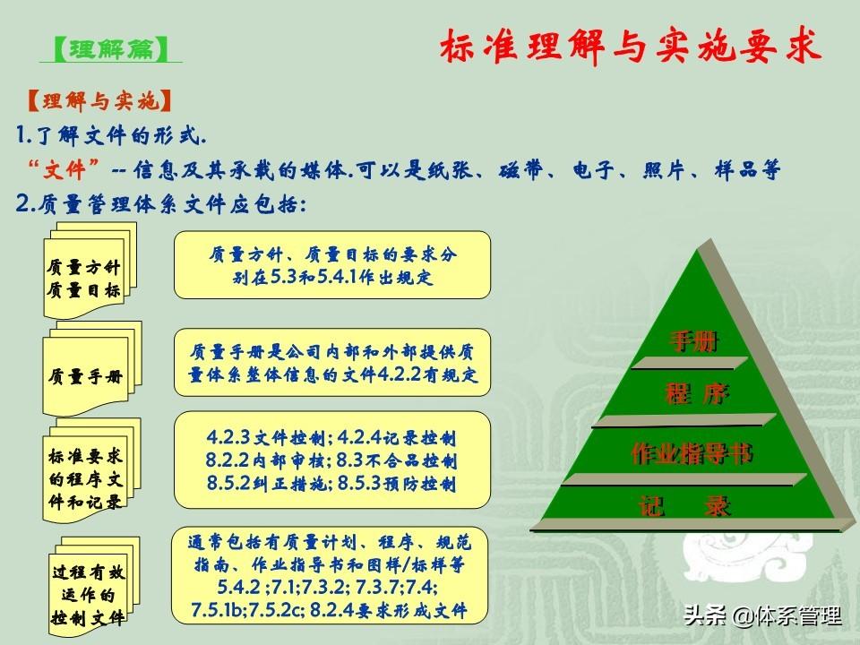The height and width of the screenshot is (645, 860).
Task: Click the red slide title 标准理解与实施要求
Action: pos(631,46)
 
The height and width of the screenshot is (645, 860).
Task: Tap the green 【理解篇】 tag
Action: pos(111,49)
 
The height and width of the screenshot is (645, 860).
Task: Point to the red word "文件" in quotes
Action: pos(64,169)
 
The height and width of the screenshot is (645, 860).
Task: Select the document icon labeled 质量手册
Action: pos(91,368)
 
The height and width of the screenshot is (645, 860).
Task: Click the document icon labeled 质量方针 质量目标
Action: pos(90,271)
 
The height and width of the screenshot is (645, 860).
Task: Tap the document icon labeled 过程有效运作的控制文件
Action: pos(92,587)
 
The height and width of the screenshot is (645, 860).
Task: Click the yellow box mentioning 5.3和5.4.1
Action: pos(332,265)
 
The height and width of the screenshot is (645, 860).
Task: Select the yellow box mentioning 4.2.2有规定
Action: pos(332,363)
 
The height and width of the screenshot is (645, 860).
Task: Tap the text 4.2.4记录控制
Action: pos(397,438)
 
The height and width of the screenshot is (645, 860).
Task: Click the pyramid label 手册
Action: pos(693,341)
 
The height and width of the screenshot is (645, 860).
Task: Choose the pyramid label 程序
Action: pos(697,394)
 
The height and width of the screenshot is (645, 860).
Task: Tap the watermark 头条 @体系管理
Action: pos(762,615)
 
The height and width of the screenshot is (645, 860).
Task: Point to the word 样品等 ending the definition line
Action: pos(747,170)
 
